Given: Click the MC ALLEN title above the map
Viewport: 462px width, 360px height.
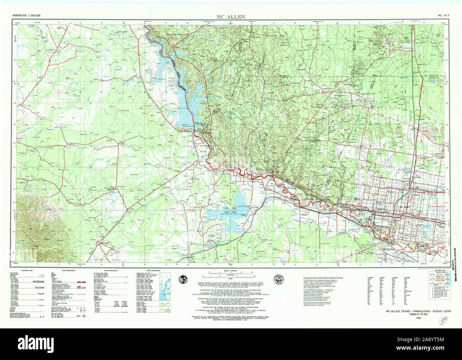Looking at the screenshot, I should tap(231, 17).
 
